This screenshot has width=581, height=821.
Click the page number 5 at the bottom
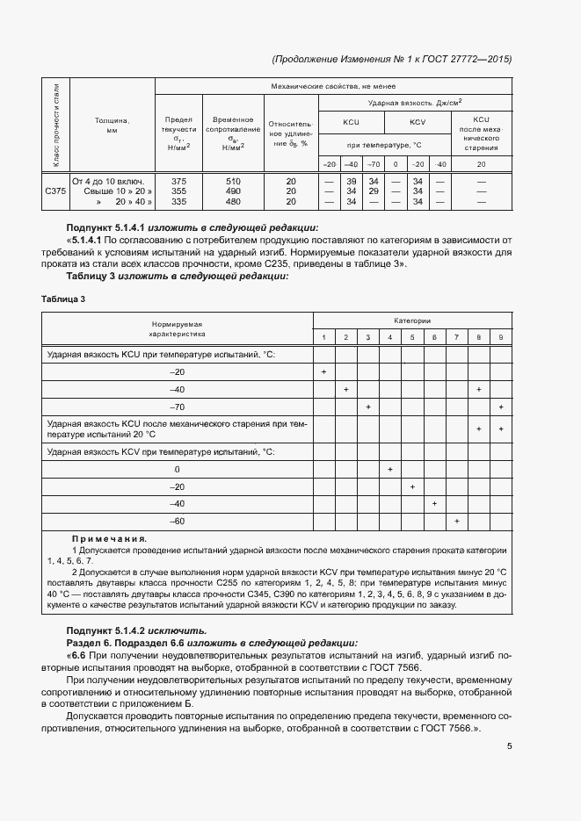pos(509,746)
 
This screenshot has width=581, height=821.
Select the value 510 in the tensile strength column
pos(232,180)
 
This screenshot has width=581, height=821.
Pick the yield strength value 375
pos(178,180)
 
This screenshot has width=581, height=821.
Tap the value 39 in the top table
pos(350,180)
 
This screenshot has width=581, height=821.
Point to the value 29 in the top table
pos(373,191)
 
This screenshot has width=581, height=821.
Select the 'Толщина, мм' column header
pos(112,125)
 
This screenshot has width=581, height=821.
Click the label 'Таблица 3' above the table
pos(63,299)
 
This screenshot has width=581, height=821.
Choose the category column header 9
pos(500,338)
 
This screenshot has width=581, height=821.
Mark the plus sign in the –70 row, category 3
pos(367,407)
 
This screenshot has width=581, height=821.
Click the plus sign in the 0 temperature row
pos(389,470)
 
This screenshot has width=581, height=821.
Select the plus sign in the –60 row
pos(456,522)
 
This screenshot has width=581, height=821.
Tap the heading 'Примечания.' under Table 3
pos(109,538)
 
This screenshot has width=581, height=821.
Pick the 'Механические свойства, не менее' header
pos(334,86)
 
